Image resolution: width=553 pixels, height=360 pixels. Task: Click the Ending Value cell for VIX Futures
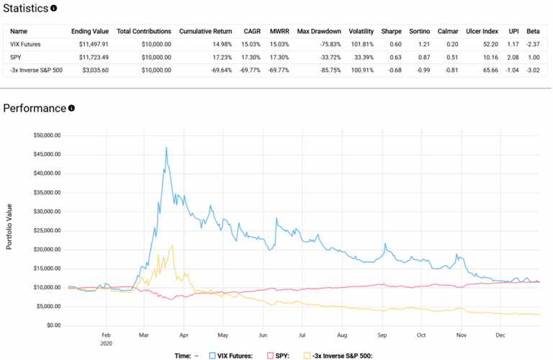click(x=90, y=45)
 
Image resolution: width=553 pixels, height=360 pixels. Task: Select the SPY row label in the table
click(x=16, y=57)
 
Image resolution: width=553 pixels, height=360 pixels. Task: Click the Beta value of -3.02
click(x=533, y=70)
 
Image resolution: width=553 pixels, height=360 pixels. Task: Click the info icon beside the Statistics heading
click(x=53, y=9)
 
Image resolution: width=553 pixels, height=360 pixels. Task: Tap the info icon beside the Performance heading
click(x=71, y=109)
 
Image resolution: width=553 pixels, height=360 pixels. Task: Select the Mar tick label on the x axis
click(x=144, y=336)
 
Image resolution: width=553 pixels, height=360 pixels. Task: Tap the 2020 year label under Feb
click(x=106, y=343)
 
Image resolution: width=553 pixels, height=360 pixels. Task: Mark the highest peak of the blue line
click(x=166, y=148)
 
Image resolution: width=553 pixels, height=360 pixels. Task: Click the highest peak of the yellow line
click(x=172, y=246)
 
